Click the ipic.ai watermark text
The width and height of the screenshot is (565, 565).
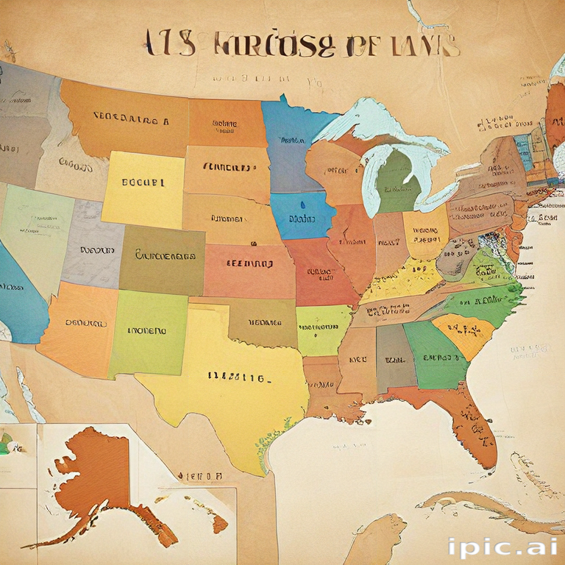coord(501,547)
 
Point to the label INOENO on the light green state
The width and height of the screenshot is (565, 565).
coord(147,331)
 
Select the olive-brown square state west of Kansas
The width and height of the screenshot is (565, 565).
coord(163,260)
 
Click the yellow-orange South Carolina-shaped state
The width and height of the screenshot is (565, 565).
coord(463,333)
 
